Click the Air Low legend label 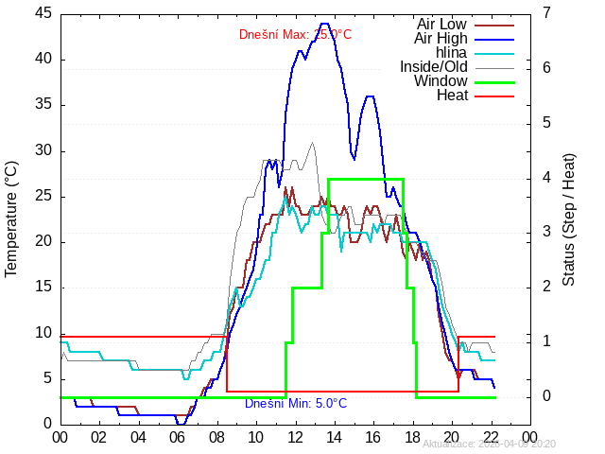(x=441, y=24)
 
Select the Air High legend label (x=441, y=38)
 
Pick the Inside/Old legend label (x=433, y=66)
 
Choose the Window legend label (x=441, y=80)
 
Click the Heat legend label (x=452, y=95)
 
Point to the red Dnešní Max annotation (x=295, y=35)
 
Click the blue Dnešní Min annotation (x=296, y=404)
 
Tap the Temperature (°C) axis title (x=11, y=218)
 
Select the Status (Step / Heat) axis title (x=569, y=218)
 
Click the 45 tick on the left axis (x=43, y=13)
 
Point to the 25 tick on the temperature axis (x=43, y=196)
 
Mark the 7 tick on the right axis (x=548, y=13)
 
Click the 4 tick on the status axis (x=548, y=178)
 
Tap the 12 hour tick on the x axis (x=295, y=437)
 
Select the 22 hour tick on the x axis (x=492, y=437)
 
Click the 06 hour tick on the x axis (x=178, y=437)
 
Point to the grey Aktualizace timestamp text (x=489, y=444)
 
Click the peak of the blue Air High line (x=324, y=24)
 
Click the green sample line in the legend (x=493, y=82)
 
